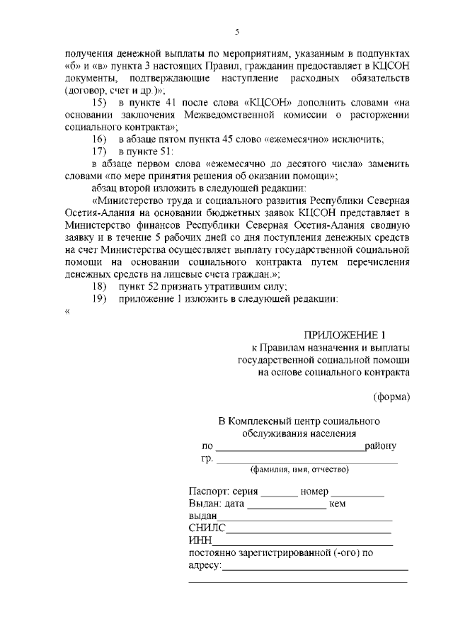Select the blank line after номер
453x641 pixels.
(357, 494)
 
